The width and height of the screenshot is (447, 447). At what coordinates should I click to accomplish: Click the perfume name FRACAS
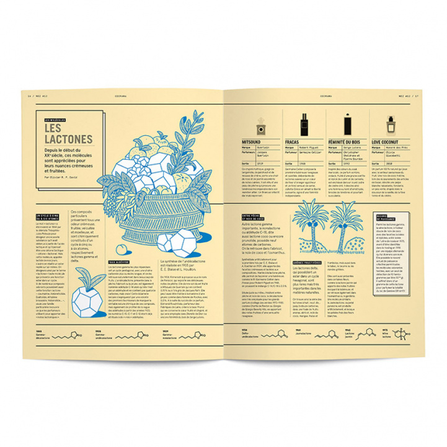point(293,141)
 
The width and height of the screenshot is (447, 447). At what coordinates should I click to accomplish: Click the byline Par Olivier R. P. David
point(66,177)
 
